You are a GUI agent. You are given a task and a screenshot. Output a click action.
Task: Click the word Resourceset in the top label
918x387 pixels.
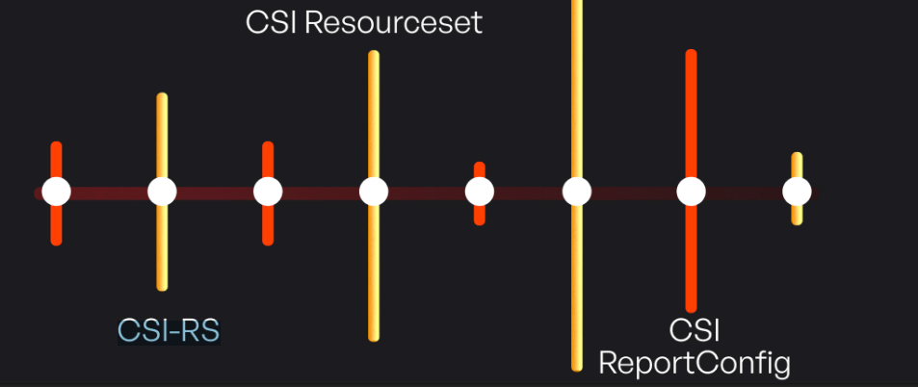(x=393, y=22)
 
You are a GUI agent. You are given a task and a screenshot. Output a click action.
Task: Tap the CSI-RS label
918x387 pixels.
(x=169, y=330)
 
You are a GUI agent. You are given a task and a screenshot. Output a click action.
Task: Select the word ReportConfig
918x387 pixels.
(x=695, y=363)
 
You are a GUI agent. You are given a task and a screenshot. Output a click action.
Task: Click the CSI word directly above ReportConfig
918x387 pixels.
(x=695, y=329)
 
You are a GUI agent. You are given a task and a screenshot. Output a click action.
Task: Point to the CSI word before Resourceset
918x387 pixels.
(x=272, y=22)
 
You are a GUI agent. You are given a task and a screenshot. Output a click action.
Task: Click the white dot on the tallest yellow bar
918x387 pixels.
(x=576, y=192)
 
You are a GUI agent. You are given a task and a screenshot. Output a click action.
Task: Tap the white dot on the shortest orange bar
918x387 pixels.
(x=480, y=192)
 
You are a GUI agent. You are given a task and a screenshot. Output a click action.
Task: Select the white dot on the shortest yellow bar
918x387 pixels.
(x=797, y=192)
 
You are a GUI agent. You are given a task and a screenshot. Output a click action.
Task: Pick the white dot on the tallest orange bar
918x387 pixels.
(x=691, y=192)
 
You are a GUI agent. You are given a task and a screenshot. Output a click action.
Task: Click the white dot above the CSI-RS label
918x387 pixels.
(x=162, y=192)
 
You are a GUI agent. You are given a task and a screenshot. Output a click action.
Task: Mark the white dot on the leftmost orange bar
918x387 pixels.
(x=57, y=192)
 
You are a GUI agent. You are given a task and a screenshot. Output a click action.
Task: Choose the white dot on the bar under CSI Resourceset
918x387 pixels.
(x=374, y=192)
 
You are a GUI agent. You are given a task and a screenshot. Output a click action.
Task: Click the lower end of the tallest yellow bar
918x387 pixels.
(x=576, y=366)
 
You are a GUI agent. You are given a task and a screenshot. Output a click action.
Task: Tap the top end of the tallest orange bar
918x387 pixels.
(x=691, y=54)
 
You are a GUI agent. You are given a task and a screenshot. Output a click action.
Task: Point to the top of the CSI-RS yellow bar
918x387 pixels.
(x=162, y=97)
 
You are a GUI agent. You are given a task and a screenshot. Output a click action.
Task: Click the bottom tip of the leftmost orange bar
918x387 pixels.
(x=57, y=241)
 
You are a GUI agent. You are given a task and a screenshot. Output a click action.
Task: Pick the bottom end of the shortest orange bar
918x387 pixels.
(x=480, y=221)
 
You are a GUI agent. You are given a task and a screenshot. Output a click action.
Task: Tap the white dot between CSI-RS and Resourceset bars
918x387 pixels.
(x=268, y=192)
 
